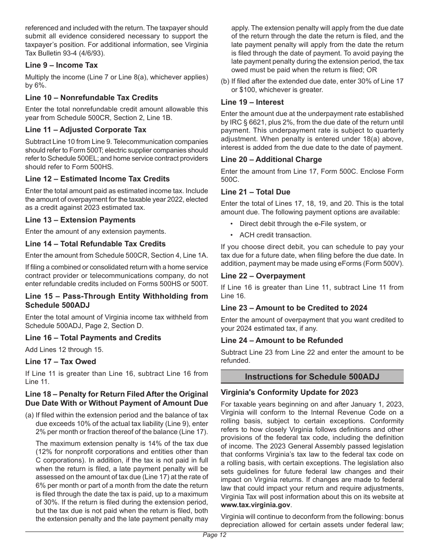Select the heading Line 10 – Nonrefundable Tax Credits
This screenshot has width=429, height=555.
click(x=92, y=97)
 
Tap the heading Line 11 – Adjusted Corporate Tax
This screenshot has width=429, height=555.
click(x=86, y=129)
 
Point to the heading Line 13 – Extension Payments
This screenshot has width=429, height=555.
click(x=80, y=220)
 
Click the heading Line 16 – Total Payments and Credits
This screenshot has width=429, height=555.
click(x=93, y=338)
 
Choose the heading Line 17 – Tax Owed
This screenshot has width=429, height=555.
click(x=61, y=361)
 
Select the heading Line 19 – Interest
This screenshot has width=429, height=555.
click(x=252, y=102)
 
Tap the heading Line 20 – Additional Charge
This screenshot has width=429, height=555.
click(x=271, y=159)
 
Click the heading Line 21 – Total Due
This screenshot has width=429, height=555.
click(x=256, y=192)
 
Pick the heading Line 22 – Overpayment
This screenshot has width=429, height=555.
click(x=263, y=276)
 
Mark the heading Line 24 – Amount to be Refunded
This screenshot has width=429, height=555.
click(x=282, y=340)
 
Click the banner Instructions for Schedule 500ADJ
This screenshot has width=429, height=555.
click(x=312, y=376)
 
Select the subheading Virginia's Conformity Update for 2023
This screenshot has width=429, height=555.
click(x=289, y=392)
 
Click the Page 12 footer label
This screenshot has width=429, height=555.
click(x=214, y=535)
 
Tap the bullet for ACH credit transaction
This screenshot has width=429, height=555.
click(x=275, y=235)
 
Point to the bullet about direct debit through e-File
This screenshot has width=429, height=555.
click(x=303, y=224)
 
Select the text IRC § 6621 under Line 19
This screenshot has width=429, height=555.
click(x=242, y=122)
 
